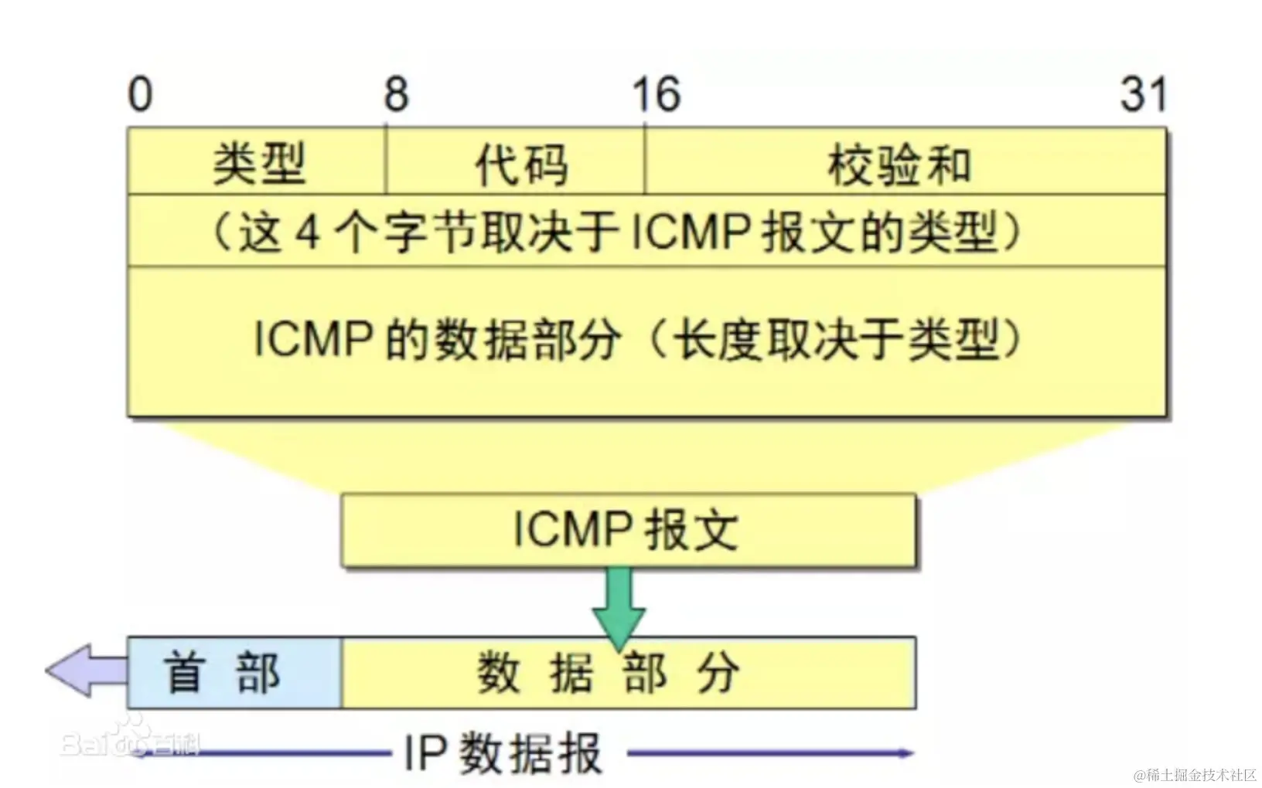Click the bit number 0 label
pos(140,94)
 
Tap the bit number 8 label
pos(396,94)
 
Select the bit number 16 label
pos(656,94)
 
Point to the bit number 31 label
pos(1143,94)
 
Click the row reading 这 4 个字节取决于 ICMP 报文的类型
pos(616,232)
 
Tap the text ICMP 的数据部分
pos(437,339)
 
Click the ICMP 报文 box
pos(627,530)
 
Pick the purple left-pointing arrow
pos(85,670)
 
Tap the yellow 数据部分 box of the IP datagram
pos(628,672)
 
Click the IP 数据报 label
pos(503,752)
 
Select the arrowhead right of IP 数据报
pos(905,752)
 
